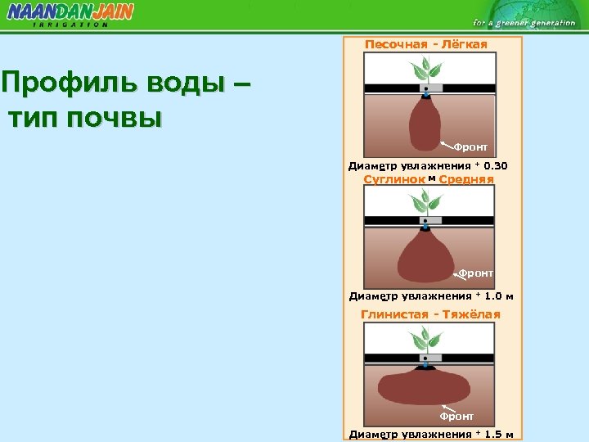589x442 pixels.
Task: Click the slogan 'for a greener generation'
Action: (x=524, y=23)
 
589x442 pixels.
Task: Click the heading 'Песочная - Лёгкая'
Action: (x=425, y=44)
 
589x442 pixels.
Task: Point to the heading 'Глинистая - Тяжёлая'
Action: (x=430, y=314)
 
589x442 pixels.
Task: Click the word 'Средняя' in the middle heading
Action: (x=466, y=178)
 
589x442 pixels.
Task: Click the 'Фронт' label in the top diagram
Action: (x=471, y=147)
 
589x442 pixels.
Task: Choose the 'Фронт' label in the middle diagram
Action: (x=475, y=273)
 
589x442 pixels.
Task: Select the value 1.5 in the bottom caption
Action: (x=492, y=434)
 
